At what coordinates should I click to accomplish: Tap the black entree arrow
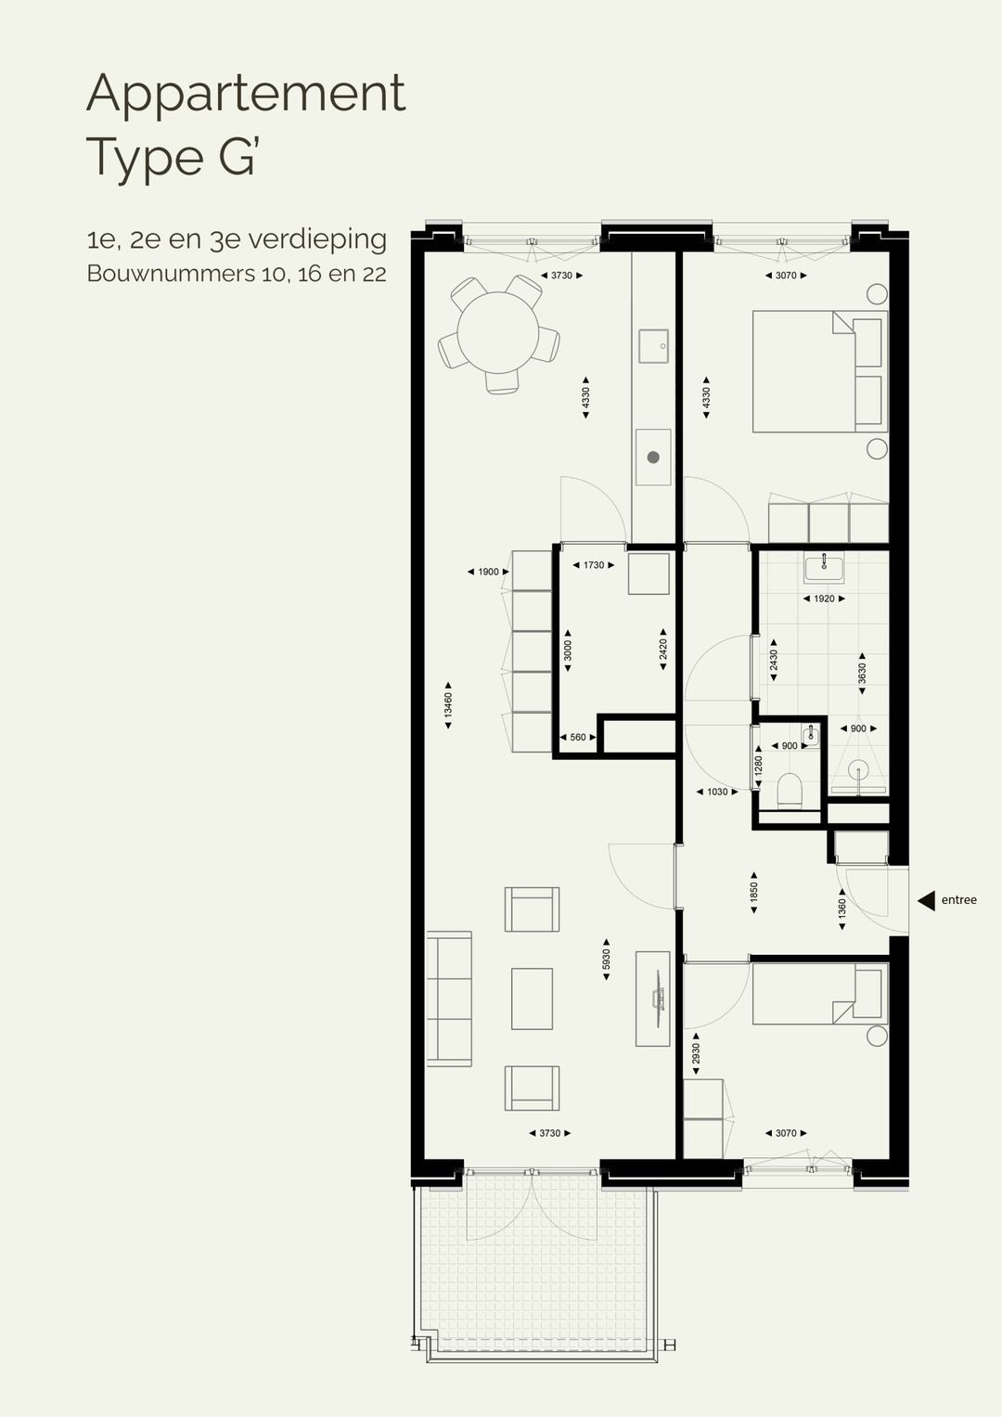[926, 900]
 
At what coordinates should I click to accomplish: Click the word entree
[958, 900]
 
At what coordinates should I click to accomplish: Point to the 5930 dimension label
[606, 959]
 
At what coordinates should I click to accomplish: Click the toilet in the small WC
[790, 791]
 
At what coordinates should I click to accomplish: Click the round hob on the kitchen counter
[653, 457]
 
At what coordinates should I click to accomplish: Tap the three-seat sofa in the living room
[449, 999]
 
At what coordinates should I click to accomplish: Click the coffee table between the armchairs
[532, 998]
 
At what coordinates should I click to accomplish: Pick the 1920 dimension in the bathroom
[823, 599]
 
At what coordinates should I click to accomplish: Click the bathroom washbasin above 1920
[822, 567]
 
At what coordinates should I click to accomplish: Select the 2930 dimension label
[696, 1054]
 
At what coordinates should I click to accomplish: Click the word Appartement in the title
[246, 93]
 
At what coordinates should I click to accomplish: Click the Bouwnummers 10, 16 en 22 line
[237, 274]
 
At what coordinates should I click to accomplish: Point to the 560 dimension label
[577, 737]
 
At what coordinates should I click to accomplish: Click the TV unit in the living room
[652, 998]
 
